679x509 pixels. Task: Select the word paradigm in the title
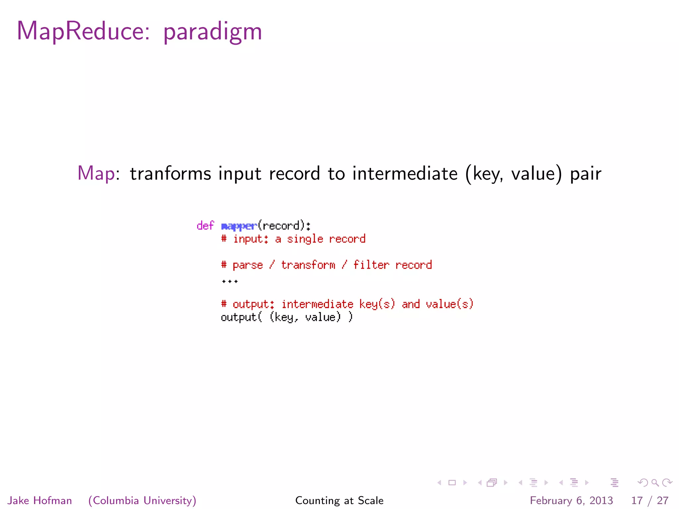pos(213,32)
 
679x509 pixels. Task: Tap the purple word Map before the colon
pos(96,173)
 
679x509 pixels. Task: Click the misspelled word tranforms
pos(170,173)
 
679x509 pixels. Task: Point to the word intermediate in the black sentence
pos(405,173)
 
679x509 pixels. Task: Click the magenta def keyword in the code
pos(205,226)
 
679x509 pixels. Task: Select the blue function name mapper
pos(239,226)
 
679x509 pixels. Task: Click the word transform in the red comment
pos(308,265)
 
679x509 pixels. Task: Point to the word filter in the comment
pos(371,265)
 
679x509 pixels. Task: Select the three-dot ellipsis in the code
pos(230,282)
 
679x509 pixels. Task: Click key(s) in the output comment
pos(377,304)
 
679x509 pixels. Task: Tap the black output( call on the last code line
pos(241,317)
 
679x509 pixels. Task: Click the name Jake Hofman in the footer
pos(40,500)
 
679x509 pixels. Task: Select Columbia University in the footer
pos(143,500)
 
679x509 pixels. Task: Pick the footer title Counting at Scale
pos(339,500)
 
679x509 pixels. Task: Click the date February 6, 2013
pos(571,500)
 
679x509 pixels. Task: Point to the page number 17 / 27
pos(649,500)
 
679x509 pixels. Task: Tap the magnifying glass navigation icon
pos(655,483)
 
